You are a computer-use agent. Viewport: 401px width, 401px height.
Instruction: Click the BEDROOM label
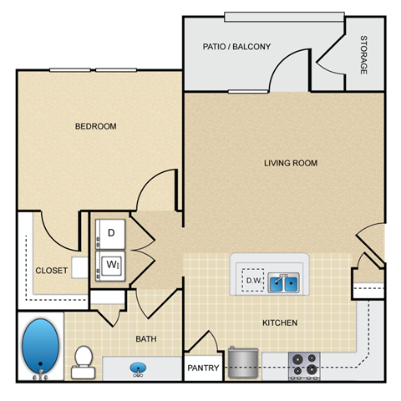pyautogui.click(x=96, y=126)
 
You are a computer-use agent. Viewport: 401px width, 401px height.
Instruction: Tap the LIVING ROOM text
pyautogui.click(x=291, y=163)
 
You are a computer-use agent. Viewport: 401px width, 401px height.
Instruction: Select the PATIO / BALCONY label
pyautogui.click(x=236, y=47)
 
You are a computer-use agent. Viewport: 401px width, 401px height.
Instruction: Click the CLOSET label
pyautogui.click(x=51, y=270)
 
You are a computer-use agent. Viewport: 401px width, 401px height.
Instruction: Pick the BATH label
pyautogui.click(x=147, y=339)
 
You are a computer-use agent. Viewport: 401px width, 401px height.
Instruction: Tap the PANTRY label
pyautogui.click(x=202, y=368)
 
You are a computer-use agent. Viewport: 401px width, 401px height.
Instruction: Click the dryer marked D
pyautogui.click(x=110, y=233)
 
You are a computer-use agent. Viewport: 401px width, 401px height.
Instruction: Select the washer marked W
pyautogui.click(x=110, y=265)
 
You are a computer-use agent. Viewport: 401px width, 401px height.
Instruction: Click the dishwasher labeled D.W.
pyautogui.click(x=252, y=282)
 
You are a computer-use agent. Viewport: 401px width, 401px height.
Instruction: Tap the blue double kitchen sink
pyautogui.click(x=283, y=283)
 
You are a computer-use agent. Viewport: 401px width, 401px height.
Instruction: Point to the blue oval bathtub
pyautogui.click(x=41, y=348)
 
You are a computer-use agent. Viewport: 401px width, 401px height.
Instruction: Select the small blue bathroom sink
pyautogui.click(x=135, y=366)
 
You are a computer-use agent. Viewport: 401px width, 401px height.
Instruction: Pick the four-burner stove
pyautogui.click(x=304, y=364)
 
